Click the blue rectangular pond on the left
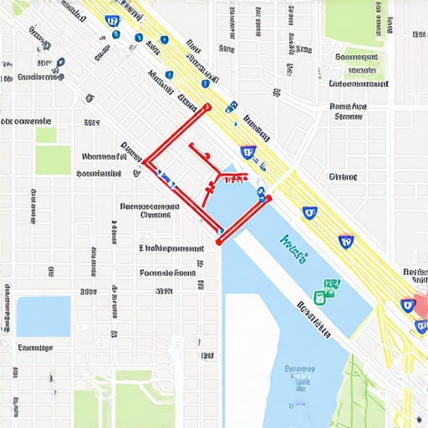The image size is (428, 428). click(x=43, y=316)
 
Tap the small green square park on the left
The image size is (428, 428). click(x=46, y=135)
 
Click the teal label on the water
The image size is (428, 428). click(x=295, y=243)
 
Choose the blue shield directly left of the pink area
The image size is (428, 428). click(x=407, y=306)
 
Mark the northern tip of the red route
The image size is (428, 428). click(x=206, y=107)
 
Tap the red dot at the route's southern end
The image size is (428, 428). click(x=219, y=242)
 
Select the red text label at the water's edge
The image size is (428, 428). click(x=233, y=178)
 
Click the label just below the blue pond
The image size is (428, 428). click(x=36, y=348)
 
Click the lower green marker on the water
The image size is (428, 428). click(x=320, y=298)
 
